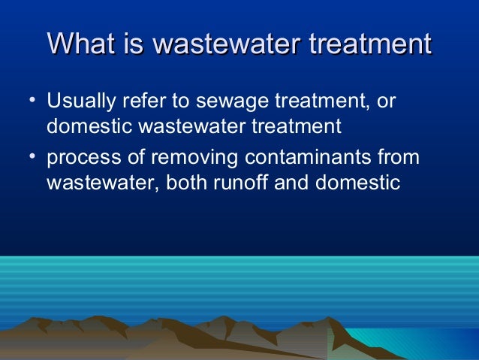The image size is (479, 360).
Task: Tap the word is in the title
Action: [x=135, y=44]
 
